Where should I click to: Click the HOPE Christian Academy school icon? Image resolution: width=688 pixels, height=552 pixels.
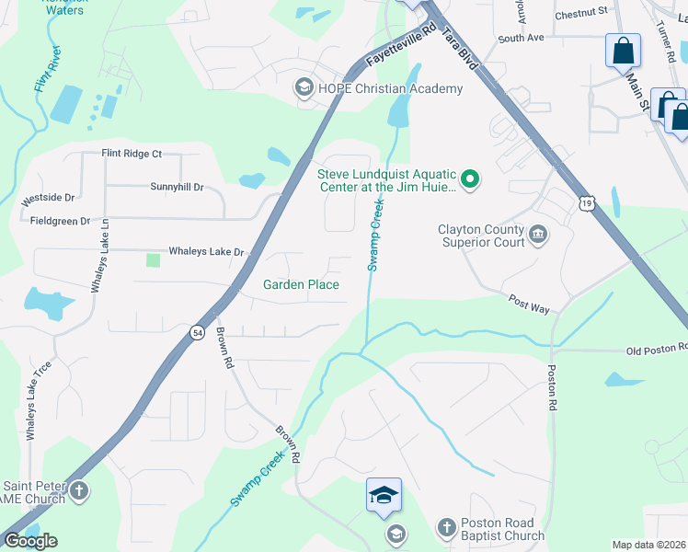coord(304,88)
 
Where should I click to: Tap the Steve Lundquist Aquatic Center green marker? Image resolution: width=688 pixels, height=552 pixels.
coord(470,178)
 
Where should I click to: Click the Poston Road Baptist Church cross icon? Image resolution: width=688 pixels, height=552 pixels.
coord(446,527)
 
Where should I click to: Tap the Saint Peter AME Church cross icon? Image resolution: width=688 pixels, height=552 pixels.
coord(79,490)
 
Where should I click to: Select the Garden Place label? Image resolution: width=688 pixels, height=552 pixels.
coord(301,285)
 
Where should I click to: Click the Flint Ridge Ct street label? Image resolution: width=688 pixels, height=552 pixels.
coord(131,154)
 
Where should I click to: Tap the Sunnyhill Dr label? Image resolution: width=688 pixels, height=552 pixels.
coord(176,187)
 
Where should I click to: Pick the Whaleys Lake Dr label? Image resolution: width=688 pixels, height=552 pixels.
coord(206,251)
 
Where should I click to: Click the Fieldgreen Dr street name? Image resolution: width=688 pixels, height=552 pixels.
coord(61,221)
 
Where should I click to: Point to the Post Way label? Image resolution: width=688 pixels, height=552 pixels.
coord(529,305)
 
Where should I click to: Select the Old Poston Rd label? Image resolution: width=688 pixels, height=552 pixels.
coord(657,349)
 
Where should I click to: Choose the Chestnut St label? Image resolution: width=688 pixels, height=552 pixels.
coord(582,12)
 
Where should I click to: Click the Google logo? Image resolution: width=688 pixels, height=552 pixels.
coord(30,541)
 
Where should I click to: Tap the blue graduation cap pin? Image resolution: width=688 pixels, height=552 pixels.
coord(384,496)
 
